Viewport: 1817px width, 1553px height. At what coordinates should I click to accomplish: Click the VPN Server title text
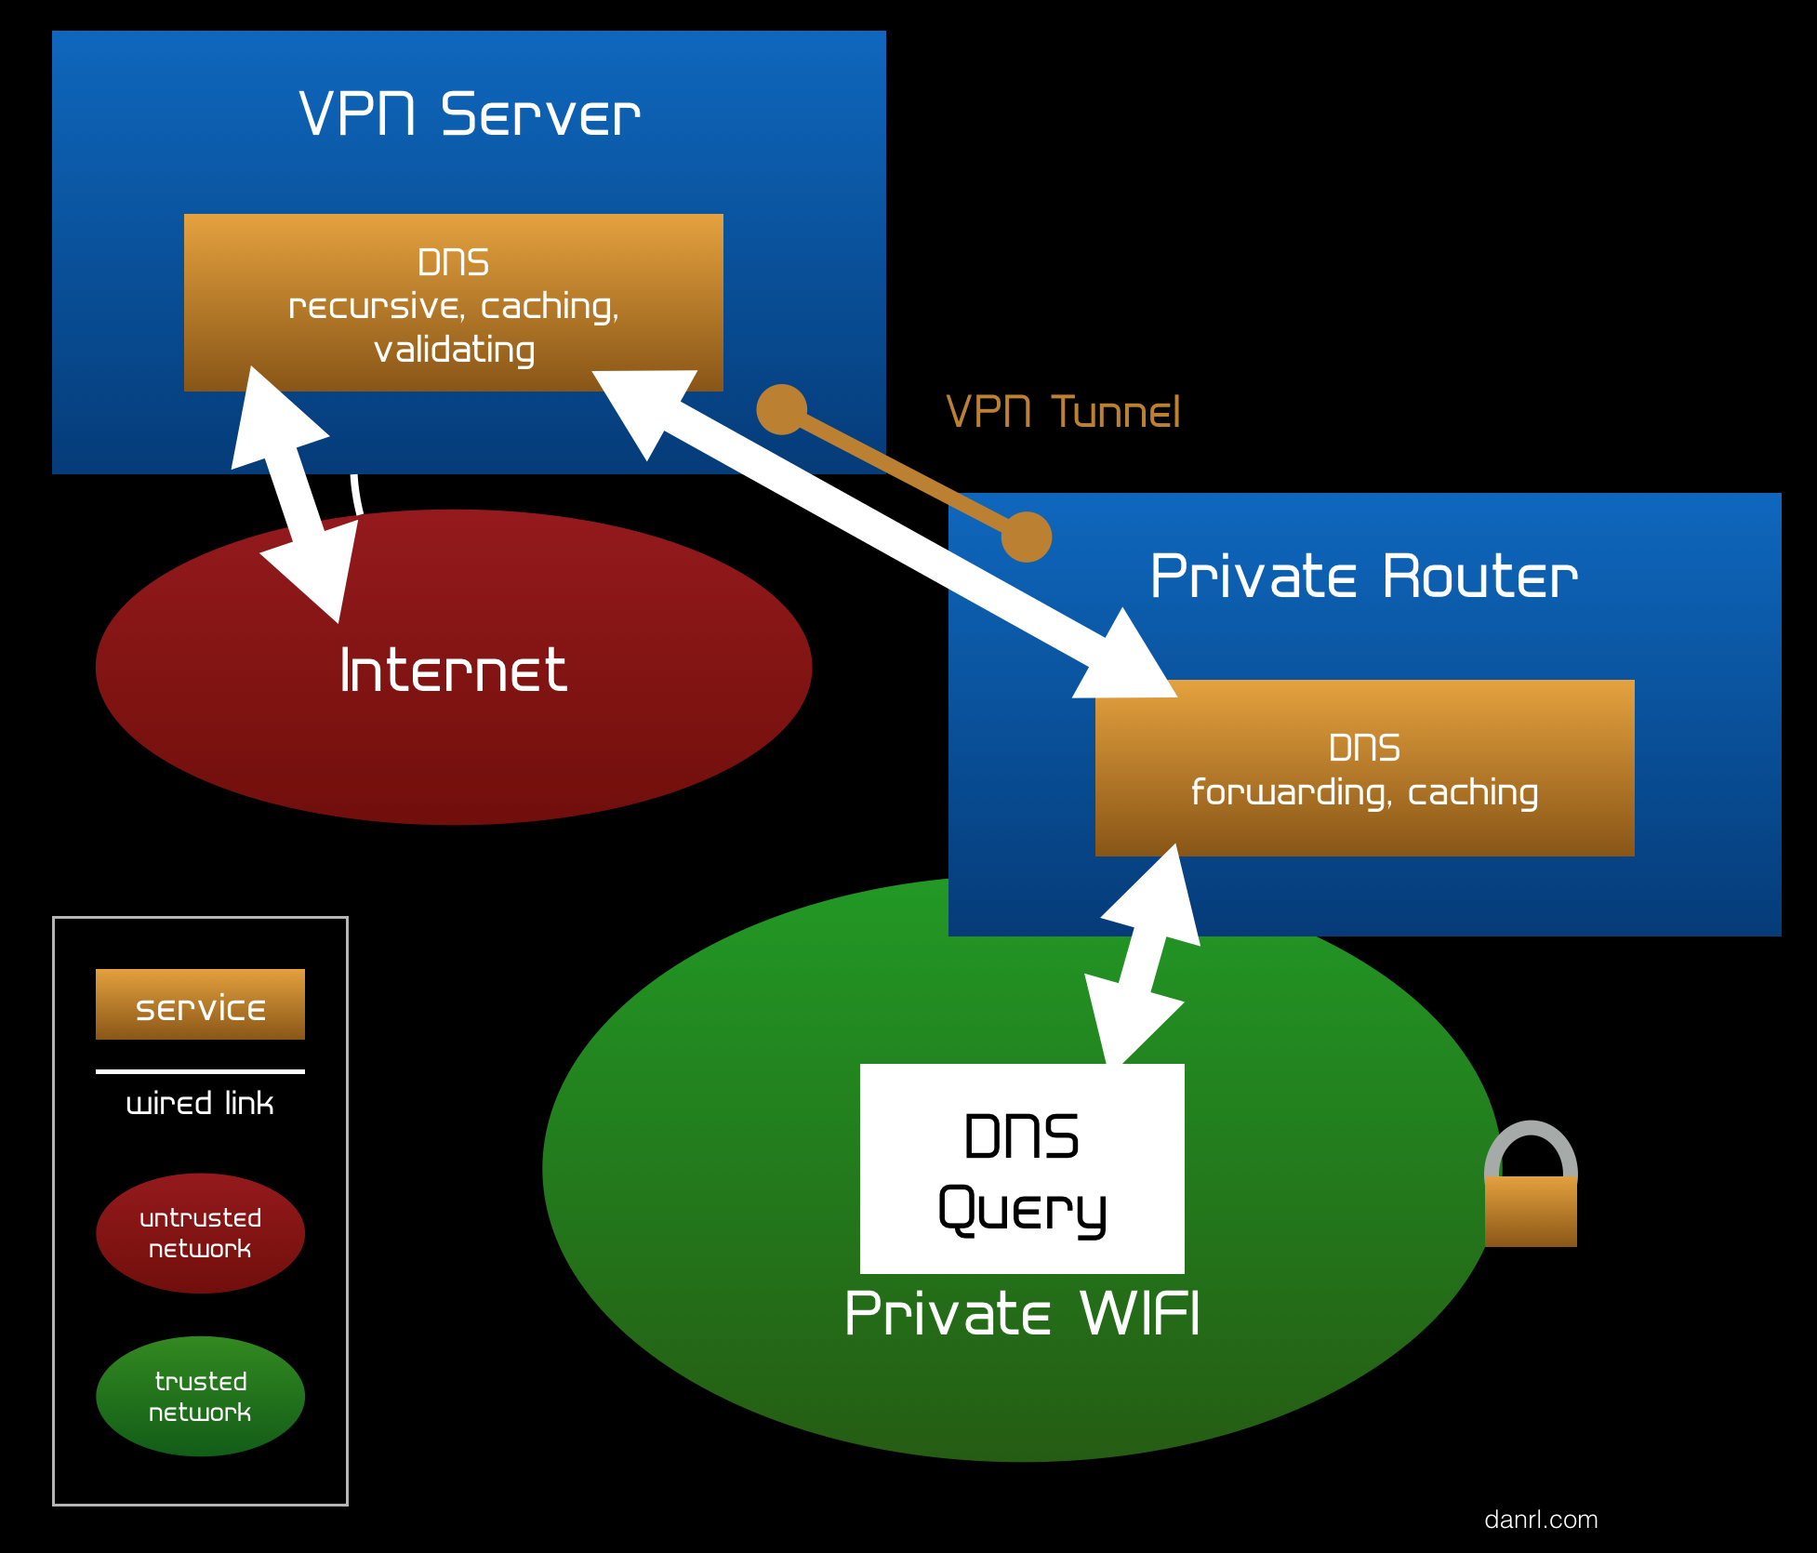[470, 115]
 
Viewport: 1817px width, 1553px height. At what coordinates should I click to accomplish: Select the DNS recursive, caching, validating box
[453, 303]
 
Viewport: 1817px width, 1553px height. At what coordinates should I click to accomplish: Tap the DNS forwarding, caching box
[1364, 768]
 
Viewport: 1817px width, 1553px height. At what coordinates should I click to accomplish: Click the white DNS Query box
[1022, 1169]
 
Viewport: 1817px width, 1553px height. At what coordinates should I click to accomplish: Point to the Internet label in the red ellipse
[453, 670]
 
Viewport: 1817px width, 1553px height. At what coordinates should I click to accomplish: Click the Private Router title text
[1363, 577]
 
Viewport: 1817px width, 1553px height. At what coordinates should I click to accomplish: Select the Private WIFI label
[1022, 1314]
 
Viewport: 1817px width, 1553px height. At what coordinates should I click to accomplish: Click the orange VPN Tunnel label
[1063, 412]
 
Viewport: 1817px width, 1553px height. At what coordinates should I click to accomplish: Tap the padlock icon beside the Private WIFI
[1531, 1190]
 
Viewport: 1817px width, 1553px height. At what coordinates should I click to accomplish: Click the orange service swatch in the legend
[200, 1004]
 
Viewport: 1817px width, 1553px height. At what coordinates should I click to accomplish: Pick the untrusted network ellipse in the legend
[200, 1233]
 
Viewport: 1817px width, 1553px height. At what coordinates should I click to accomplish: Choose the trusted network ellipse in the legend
[200, 1396]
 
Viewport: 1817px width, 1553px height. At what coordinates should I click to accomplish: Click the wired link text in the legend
[200, 1104]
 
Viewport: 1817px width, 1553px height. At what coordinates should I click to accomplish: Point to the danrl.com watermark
[1541, 1520]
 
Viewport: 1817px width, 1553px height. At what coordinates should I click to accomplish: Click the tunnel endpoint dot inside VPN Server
[781, 409]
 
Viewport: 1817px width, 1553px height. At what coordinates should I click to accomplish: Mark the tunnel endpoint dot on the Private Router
[1027, 537]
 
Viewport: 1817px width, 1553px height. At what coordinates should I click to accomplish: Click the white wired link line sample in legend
[200, 1071]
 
